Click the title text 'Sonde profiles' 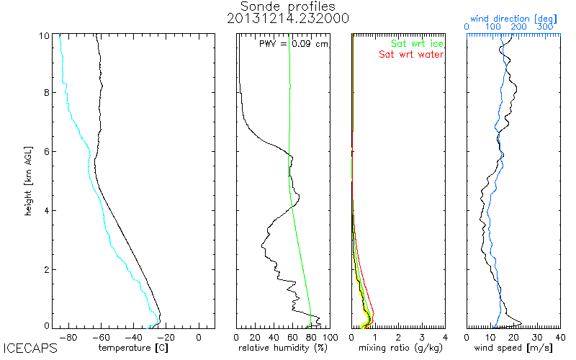point(287,6)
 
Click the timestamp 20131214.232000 point(287,19)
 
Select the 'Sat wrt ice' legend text point(417,44)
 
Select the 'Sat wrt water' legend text point(411,55)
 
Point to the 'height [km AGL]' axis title point(29,180)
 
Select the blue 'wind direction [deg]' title point(513,16)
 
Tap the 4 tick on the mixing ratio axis point(445,336)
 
